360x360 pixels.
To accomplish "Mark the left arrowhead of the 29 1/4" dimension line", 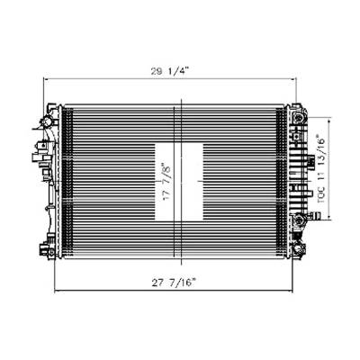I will pos(45,80).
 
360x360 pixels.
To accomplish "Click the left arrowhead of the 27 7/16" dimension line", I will pos(57,292).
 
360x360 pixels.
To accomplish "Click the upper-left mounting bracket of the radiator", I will pos(46,118).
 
